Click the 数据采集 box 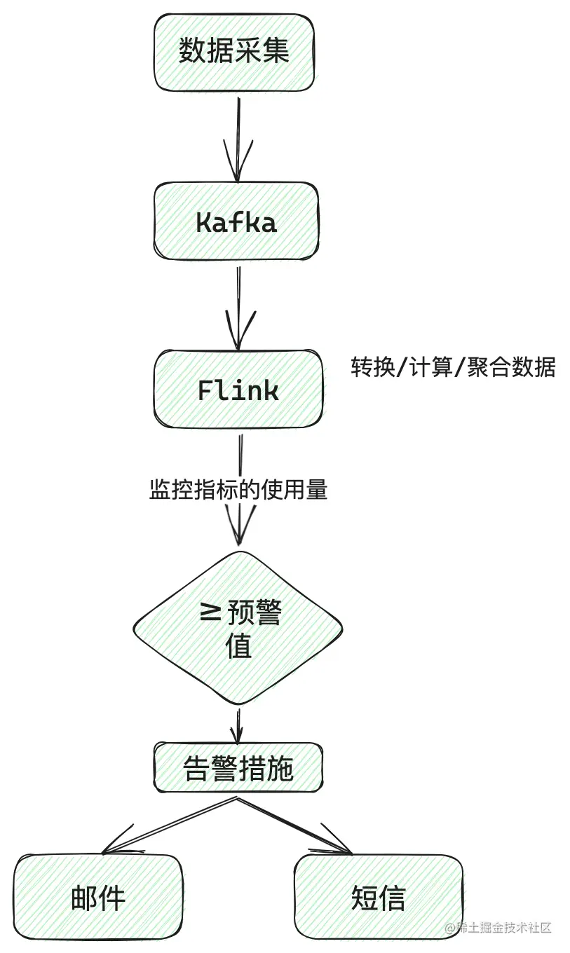tap(233, 53)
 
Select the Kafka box tap(236, 221)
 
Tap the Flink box tap(238, 390)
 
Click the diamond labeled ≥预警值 tap(238, 627)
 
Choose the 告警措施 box tap(238, 769)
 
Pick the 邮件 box tap(98, 897)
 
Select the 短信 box tap(378, 897)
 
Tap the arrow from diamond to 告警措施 tap(238, 725)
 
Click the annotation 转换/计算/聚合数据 tap(453, 366)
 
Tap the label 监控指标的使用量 tap(238, 489)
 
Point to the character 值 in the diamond tap(238, 646)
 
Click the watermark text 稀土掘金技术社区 tap(503, 927)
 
